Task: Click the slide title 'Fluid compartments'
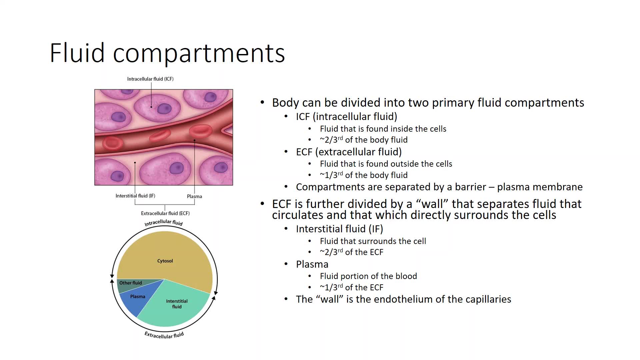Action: pyautogui.click(x=167, y=53)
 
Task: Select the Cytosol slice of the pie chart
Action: pyautogui.click(x=165, y=257)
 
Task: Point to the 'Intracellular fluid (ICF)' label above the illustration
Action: pyautogui.click(x=150, y=79)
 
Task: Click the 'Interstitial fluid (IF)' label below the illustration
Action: pyautogui.click(x=135, y=196)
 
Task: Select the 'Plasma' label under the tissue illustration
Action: pyautogui.click(x=194, y=196)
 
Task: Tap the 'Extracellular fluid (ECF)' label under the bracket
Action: pyautogui.click(x=165, y=213)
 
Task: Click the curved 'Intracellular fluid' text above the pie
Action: pyautogui.click(x=164, y=222)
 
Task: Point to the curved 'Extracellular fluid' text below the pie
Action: pyautogui.click(x=164, y=335)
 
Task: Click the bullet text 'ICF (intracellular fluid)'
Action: pyautogui.click(x=347, y=117)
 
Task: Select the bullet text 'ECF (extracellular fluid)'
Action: pyautogui.click(x=349, y=152)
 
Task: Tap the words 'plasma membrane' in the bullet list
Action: pyautogui.click(x=540, y=187)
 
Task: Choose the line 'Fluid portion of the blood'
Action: pyautogui.click(x=368, y=276)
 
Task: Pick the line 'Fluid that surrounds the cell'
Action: pyautogui.click(x=373, y=241)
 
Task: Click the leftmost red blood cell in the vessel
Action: pyautogui.click(x=112, y=143)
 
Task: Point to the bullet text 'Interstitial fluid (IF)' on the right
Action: pyautogui.click(x=340, y=229)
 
